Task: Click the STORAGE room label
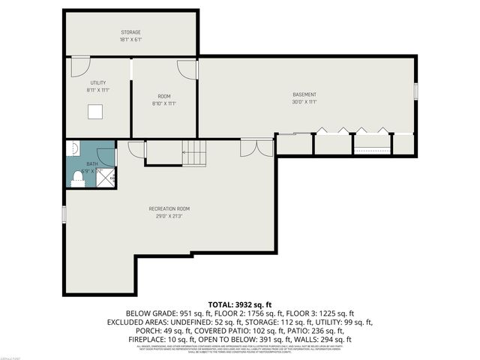[x=131, y=32]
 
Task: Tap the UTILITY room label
[x=97, y=82]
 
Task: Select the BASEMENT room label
[x=304, y=94]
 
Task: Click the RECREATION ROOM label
[x=169, y=208]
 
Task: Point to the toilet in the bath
[x=77, y=178]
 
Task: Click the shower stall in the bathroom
[x=108, y=178]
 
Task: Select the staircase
[x=196, y=154]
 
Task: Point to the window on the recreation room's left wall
[x=65, y=213]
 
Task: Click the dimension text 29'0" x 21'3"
[x=169, y=216]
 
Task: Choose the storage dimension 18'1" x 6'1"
[x=131, y=40]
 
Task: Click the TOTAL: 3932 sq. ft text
[x=240, y=302]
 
